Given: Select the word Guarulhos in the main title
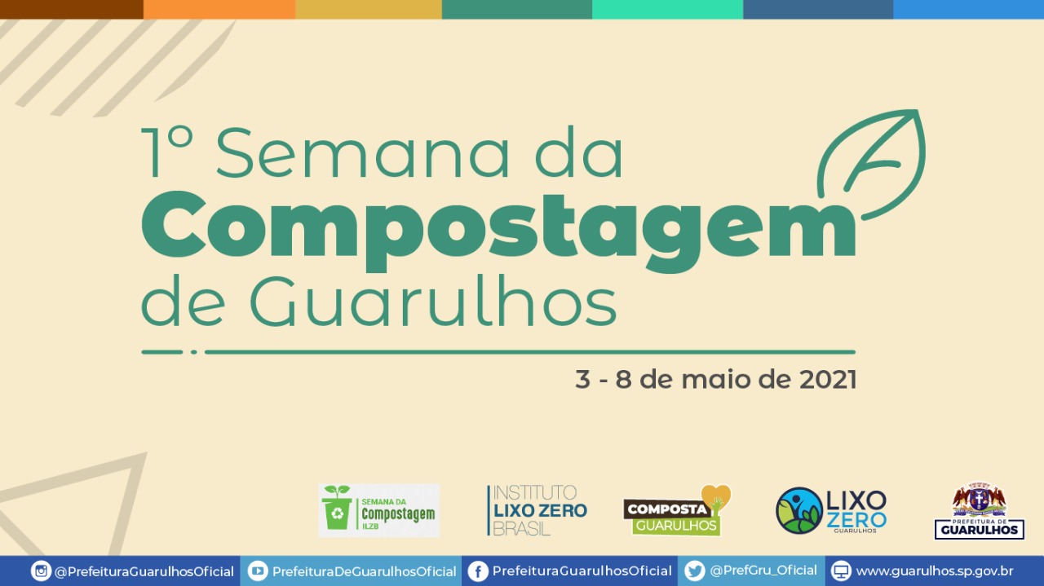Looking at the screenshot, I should point(432,301).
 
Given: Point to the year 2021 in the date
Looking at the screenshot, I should point(827,380).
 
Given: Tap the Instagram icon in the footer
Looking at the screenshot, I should point(41,571).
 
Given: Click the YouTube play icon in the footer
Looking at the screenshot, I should point(258,571).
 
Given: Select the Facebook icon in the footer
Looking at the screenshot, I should point(478,571).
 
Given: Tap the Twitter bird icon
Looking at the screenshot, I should point(695,571).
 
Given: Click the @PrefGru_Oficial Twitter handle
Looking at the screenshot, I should point(763,571).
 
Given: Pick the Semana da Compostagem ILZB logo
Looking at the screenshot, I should point(378,511).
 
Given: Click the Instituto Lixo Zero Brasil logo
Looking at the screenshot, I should point(537,511).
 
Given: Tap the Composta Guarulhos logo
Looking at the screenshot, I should point(677,511).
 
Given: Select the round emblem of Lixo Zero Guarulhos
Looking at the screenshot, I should point(799,511).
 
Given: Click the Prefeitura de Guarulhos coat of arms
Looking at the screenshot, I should point(979,499).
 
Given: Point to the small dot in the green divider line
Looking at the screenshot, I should point(194,352).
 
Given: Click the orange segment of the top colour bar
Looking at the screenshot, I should point(219,9).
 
